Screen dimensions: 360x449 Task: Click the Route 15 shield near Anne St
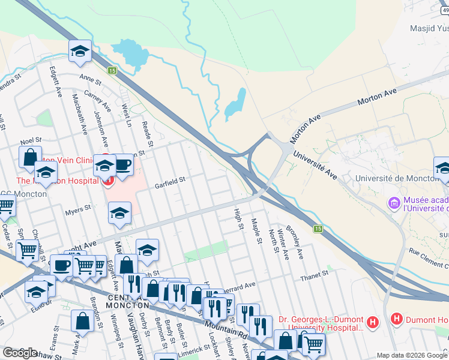coord(112,70)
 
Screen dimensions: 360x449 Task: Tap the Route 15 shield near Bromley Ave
coord(318,228)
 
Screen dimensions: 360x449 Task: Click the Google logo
coord(20,352)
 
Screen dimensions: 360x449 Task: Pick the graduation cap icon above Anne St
coord(79,52)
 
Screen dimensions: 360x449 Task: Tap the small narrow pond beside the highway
coord(234,104)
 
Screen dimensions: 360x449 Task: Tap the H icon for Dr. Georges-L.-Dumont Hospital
coord(373,323)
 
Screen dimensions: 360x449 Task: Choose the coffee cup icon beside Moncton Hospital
coord(123,164)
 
